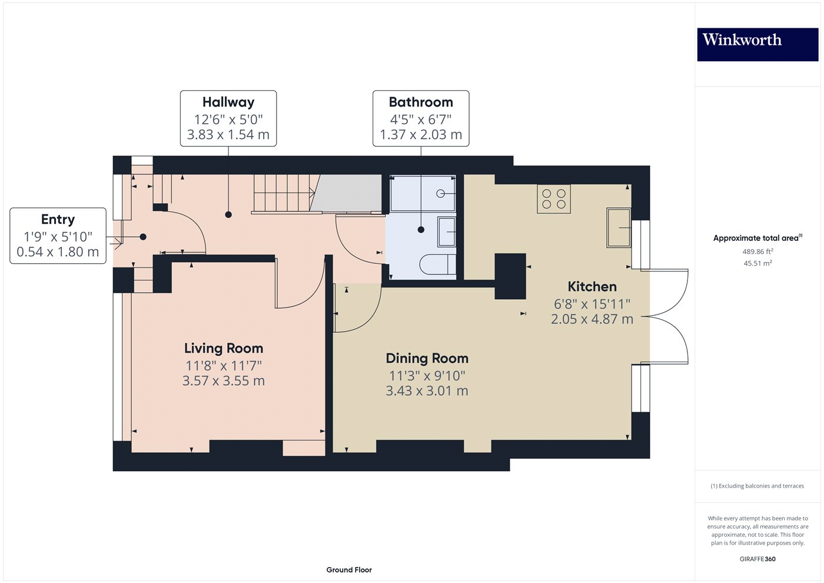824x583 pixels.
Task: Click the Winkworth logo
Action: point(757,44)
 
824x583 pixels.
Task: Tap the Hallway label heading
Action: point(228,102)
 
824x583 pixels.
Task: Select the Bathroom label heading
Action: point(421,102)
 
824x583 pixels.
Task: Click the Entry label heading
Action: point(58,219)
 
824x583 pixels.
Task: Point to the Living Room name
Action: point(224,348)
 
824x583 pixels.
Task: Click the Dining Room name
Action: point(427,358)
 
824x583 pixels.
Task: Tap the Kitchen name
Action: point(592,287)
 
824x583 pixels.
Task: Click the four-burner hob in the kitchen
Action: point(553,199)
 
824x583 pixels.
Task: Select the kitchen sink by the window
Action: point(619,227)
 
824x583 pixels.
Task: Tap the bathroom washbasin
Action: point(447,232)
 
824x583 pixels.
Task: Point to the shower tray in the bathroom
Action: point(423,193)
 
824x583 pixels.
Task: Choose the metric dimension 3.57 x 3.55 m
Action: point(224,381)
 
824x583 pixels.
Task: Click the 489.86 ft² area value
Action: point(757,251)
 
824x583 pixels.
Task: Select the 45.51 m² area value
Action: point(757,263)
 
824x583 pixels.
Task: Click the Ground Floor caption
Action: point(349,569)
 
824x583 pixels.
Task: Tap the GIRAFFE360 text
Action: point(757,559)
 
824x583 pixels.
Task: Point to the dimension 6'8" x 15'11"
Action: point(592,304)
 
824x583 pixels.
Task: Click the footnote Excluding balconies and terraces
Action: point(757,486)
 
